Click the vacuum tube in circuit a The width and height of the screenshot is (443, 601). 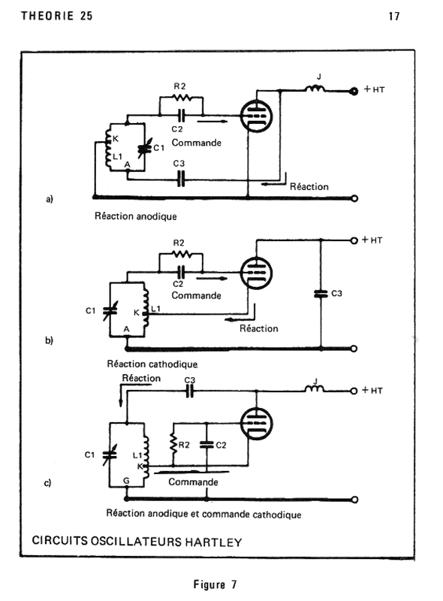[x=256, y=116]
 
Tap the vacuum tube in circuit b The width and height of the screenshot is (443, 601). [x=256, y=273]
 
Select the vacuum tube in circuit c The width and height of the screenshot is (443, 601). [x=256, y=424]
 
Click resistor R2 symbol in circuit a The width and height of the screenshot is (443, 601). [x=182, y=98]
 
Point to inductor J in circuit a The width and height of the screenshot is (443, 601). [x=315, y=89]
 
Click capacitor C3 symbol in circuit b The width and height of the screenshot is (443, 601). [x=321, y=294]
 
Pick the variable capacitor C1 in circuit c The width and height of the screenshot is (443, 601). [x=110, y=455]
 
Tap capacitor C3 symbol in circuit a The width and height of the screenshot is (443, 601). [x=181, y=179]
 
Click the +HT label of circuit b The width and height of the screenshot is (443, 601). [x=372, y=240]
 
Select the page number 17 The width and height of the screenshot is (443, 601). [x=394, y=17]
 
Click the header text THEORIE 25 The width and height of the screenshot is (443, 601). [x=57, y=16]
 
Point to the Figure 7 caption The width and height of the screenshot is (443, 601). [x=215, y=584]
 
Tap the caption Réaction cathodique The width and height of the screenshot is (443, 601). [x=152, y=364]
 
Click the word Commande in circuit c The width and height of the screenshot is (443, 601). [x=193, y=482]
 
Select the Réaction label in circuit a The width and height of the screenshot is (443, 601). [x=309, y=186]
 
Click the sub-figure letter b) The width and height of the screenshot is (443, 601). [x=49, y=340]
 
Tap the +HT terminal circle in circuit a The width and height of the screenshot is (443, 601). [x=354, y=91]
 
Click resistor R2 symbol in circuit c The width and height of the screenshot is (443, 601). [x=174, y=444]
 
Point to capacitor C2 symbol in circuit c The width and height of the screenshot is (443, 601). [x=206, y=445]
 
